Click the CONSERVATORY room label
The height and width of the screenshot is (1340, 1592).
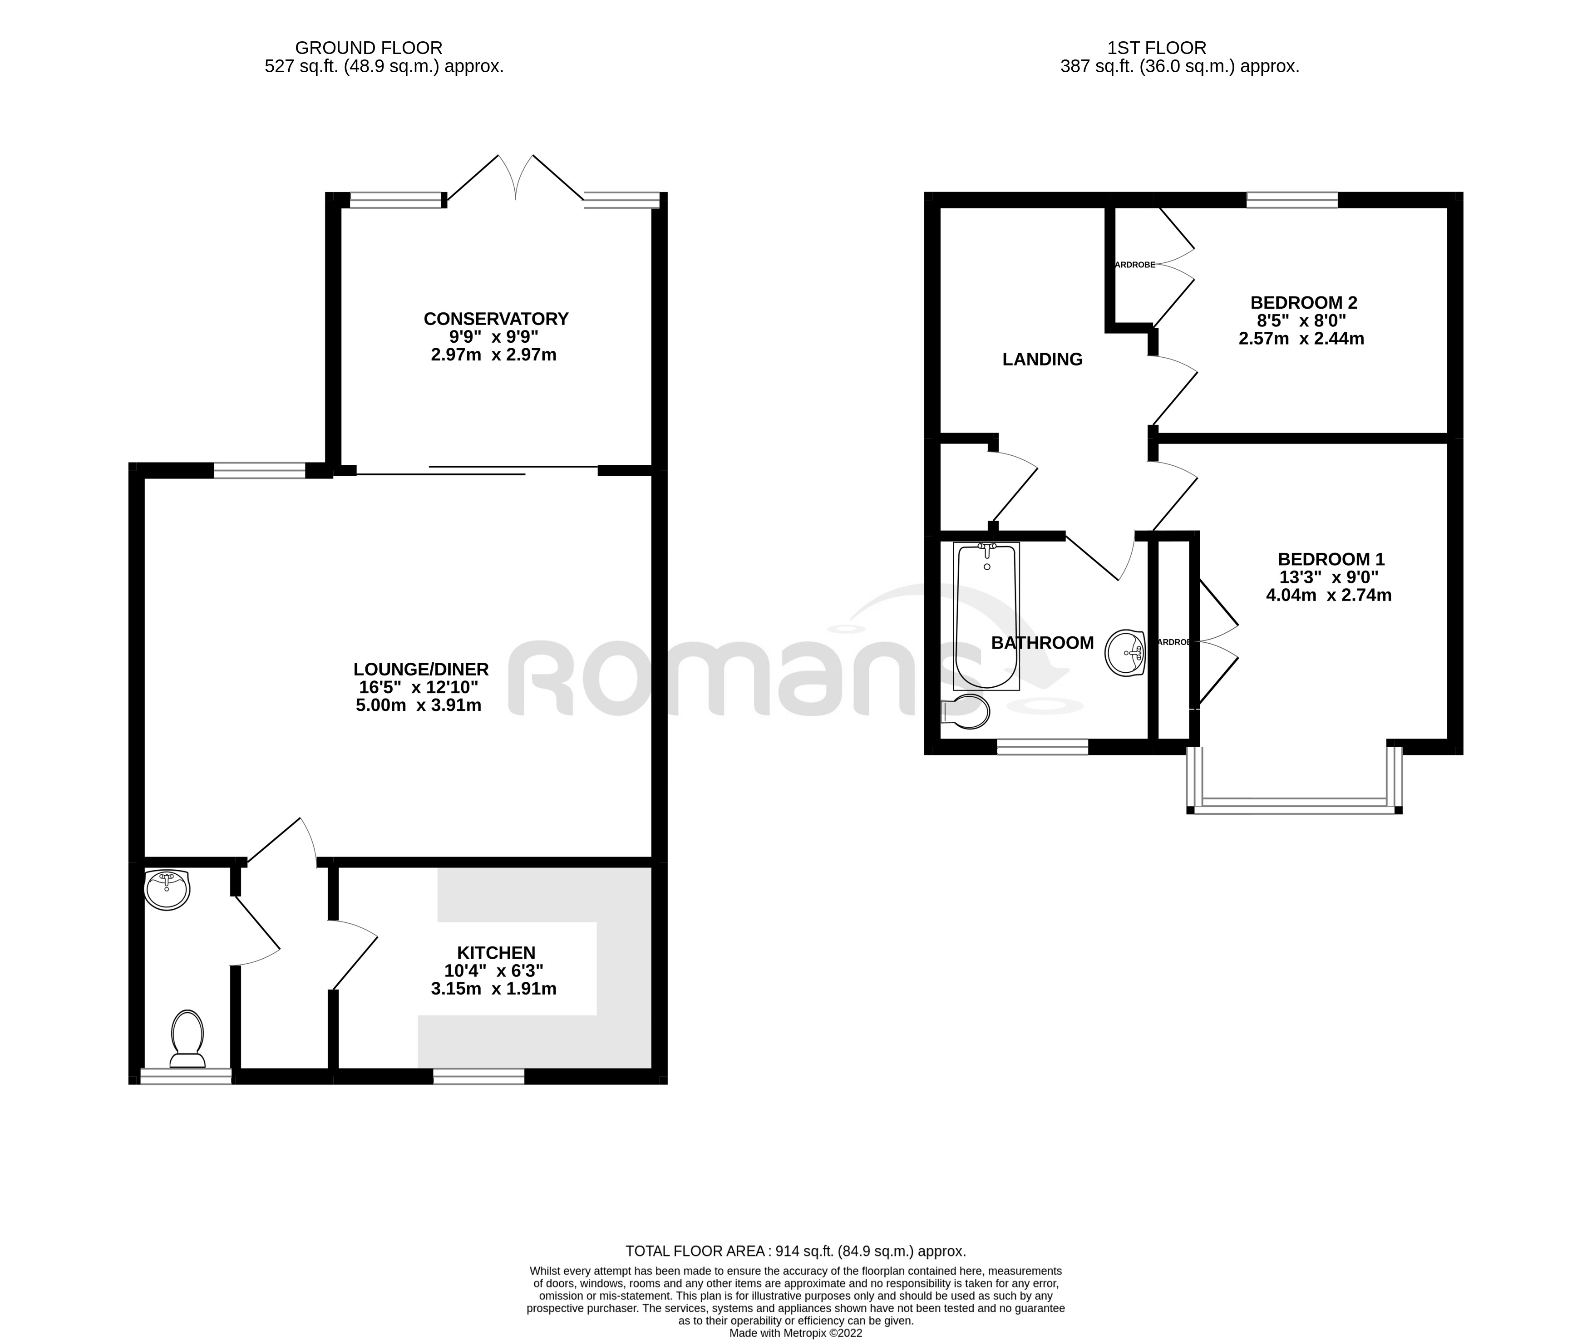[x=496, y=318]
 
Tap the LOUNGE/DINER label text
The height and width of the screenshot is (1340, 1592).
[x=421, y=669]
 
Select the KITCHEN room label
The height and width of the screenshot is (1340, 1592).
[x=496, y=953]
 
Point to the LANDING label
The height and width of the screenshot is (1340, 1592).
[x=1042, y=360]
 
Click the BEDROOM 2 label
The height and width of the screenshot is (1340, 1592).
[x=1303, y=302]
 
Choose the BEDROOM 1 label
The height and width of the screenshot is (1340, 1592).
[x=1331, y=559]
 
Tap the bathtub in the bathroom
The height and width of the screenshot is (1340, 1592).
[x=986, y=616]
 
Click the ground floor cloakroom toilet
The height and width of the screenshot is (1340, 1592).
[x=187, y=1039]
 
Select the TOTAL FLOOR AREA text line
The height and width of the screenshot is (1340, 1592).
[x=795, y=1251]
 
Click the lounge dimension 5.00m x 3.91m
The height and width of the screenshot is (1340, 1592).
[x=419, y=705]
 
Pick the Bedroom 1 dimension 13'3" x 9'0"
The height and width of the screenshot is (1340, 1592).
[x=1329, y=577]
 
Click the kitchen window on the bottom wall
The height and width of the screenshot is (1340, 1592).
[x=478, y=1076]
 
